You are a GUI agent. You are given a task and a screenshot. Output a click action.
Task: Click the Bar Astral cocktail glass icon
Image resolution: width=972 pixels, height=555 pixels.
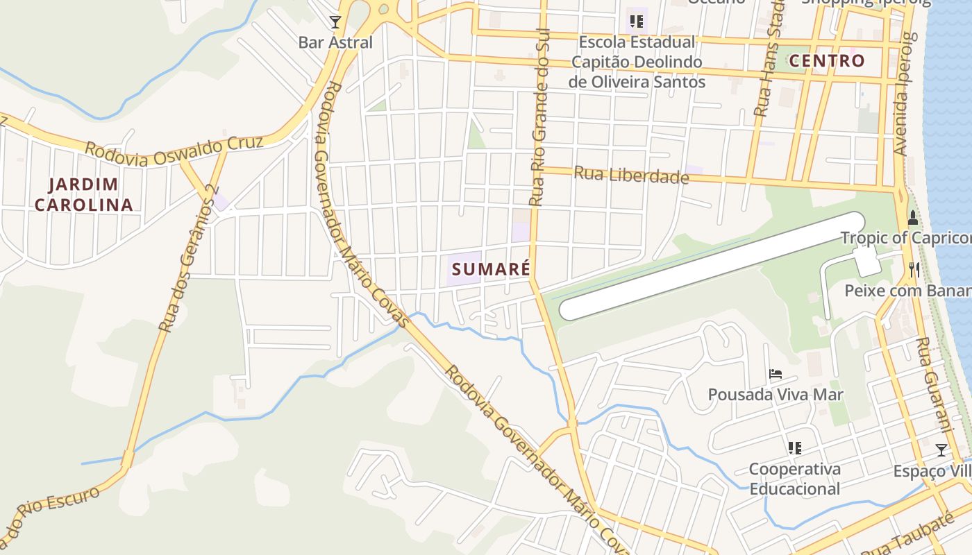pyautogui.click(x=335, y=22)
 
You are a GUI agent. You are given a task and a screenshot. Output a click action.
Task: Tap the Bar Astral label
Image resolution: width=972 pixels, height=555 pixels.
pyautogui.click(x=335, y=42)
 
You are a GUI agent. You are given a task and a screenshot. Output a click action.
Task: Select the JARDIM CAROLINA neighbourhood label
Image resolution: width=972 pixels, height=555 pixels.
pyautogui.click(x=83, y=195)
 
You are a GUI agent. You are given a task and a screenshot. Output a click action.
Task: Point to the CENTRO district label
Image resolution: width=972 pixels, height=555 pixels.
pyautogui.click(x=827, y=61)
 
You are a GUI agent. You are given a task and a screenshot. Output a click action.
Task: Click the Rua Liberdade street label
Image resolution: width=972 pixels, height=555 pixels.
pyautogui.click(x=631, y=175)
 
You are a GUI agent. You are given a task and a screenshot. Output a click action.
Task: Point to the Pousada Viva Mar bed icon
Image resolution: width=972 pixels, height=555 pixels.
pyautogui.click(x=776, y=375)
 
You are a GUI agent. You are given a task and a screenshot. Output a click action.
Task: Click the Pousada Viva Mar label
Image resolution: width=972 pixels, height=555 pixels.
pyautogui.click(x=776, y=395)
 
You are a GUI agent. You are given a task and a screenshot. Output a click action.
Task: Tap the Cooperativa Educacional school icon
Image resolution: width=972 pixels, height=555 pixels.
pyautogui.click(x=795, y=448)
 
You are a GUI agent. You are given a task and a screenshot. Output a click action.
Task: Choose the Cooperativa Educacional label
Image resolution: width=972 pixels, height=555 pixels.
pyautogui.click(x=795, y=479)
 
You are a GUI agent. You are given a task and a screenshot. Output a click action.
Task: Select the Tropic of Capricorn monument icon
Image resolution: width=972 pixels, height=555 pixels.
pyautogui.click(x=912, y=218)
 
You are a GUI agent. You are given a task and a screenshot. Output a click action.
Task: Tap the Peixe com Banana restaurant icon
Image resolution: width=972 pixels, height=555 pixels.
pyautogui.click(x=914, y=270)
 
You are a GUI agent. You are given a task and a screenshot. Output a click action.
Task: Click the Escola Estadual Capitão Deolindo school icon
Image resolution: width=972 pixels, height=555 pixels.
pyautogui.click(x=637, y=22)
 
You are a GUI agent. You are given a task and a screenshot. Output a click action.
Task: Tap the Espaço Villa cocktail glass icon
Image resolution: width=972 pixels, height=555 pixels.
pyautogui.click(x=941, y=450)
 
